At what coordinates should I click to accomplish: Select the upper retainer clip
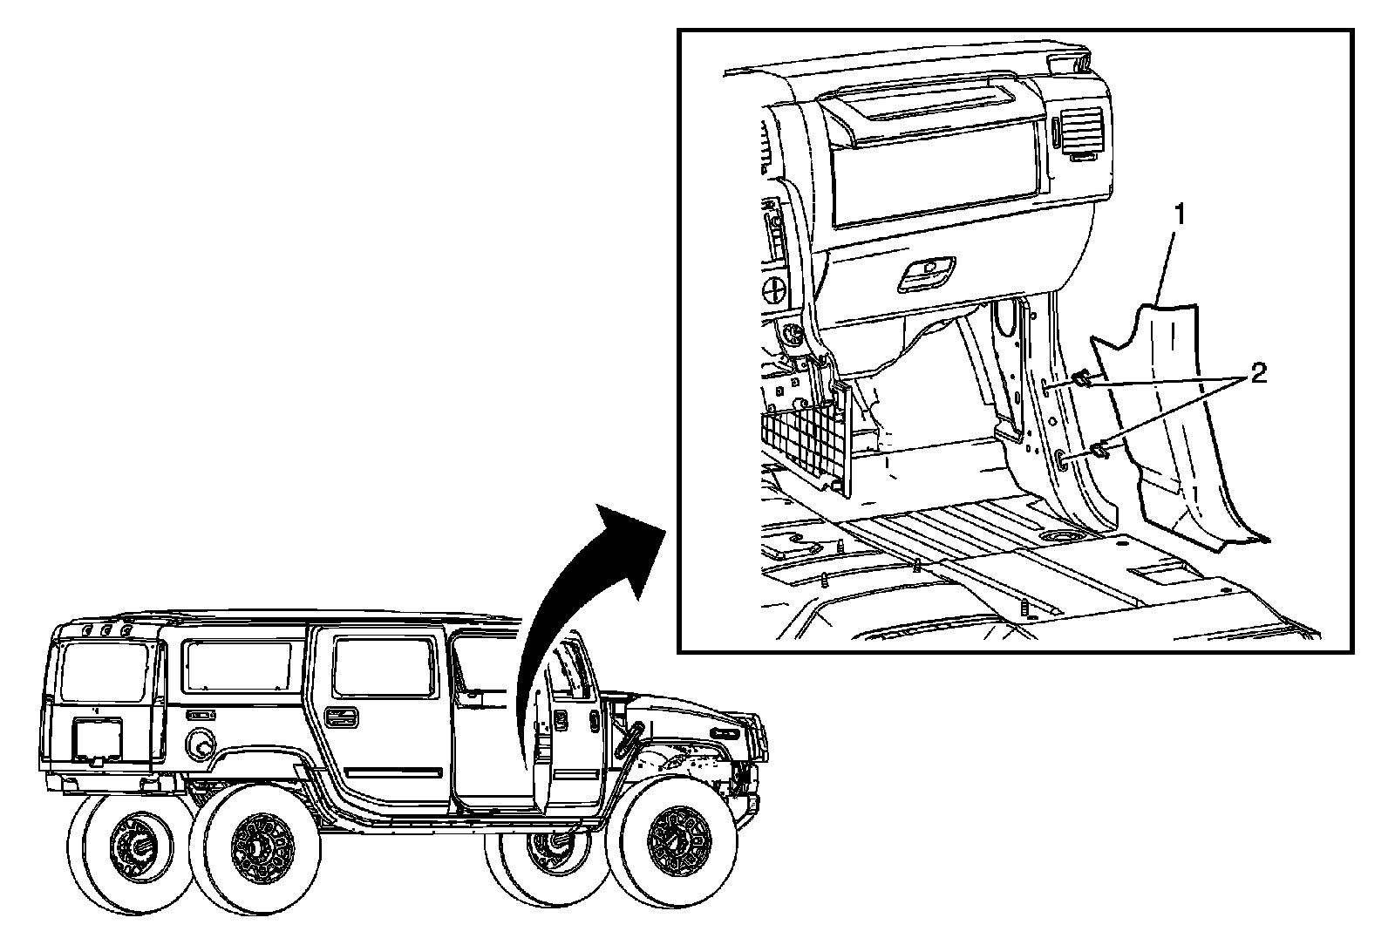click(x=1082, y=378)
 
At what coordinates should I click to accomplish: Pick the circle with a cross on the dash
click(x=776, y=288)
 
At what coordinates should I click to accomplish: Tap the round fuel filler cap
click(x=199, y=744)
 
